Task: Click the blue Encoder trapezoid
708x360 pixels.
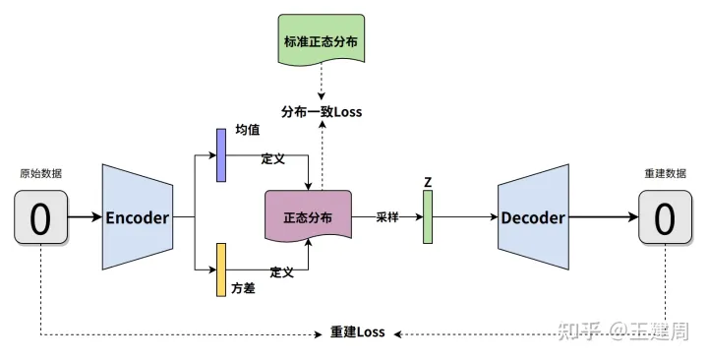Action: (137, 217)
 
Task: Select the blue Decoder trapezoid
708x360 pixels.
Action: (532, 217)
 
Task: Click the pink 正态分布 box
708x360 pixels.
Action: (308, 217)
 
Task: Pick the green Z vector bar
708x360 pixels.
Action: (428, 216)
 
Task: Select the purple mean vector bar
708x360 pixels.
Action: (221, 155)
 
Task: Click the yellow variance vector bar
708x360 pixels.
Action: (221, 270)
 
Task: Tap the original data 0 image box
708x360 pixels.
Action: (40, 217)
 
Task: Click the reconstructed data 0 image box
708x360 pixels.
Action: (665, 217)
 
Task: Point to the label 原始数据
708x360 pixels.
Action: (40, 173)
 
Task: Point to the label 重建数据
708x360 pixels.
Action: (665, 173)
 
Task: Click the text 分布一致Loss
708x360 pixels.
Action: (322, 111)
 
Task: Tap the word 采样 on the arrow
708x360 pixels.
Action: (387, 216)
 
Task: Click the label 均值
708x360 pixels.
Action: (247, 131)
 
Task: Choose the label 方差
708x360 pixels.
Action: (244, 290)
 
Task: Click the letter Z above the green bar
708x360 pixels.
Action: (428, 182)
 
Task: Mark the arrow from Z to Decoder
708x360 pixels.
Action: (465, 217)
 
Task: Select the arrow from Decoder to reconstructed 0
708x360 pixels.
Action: (603, 217)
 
